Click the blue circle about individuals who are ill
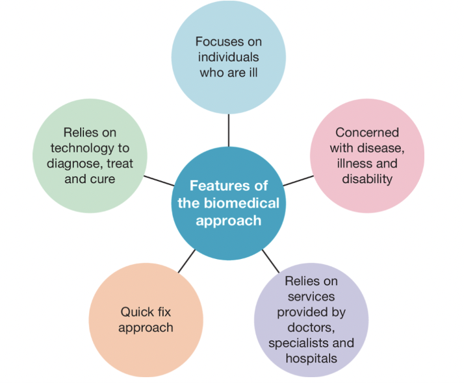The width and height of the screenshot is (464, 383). click(229, 57)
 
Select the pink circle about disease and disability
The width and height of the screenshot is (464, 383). click(367, 155)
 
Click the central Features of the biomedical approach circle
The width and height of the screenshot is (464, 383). click(229, 203)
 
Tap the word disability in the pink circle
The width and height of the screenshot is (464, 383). click(367, 179)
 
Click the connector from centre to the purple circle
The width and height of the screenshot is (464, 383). click(270, 260)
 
